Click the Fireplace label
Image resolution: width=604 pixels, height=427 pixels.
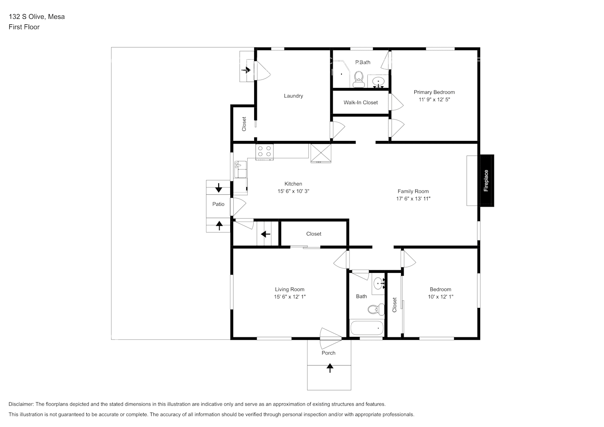pyautogui.click(x=486, y=181)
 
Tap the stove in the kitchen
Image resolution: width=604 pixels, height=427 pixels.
pyautogui.click(x=264, y=152)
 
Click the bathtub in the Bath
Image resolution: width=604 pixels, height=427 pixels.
pyautogui.click(x=367, y=328)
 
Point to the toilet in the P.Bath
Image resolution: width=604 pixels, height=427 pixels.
pyautogui.click(x=358, y=79)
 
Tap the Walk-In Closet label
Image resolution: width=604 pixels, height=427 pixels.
pyautogui.click(x=361, y=102)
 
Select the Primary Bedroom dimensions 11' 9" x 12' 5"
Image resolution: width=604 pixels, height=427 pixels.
pyautogui.click(x=434, y=99)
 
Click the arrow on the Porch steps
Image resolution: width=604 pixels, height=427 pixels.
pyautogui.click(x=330, y=368)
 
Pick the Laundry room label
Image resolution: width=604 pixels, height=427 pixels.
pyautogui.click(x=293, y=96)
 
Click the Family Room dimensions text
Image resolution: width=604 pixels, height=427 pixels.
pyautogui.click(x=413, y=199)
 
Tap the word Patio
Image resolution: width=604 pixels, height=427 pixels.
pyautogui.click(x=218, y=204)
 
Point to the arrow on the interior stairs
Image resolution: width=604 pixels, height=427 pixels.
pyautogui.click(x=265, y=234)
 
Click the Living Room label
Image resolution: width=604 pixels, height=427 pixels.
pyautogui.click(x=290, y=290)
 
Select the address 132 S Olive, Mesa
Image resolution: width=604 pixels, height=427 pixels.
pyautogui.click(x=37, y=17)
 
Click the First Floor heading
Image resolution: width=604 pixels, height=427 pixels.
pyautogui.click(x=24, y=27)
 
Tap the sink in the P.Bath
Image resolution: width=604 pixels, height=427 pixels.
pyautogui.click(x=378, y=81)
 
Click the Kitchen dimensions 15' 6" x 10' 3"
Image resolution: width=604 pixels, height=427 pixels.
pyautogui.click(x=293, y=191)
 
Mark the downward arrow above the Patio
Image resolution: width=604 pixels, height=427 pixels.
pyautogui.click(x=219, y=187)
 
